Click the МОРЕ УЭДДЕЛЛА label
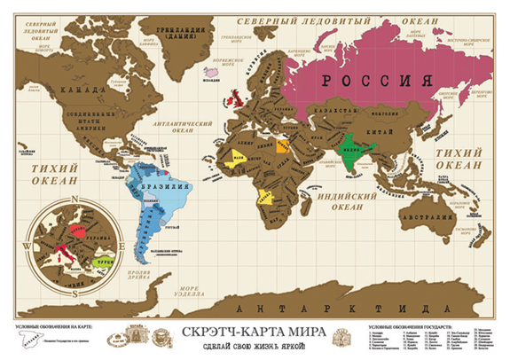(189, 289)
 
